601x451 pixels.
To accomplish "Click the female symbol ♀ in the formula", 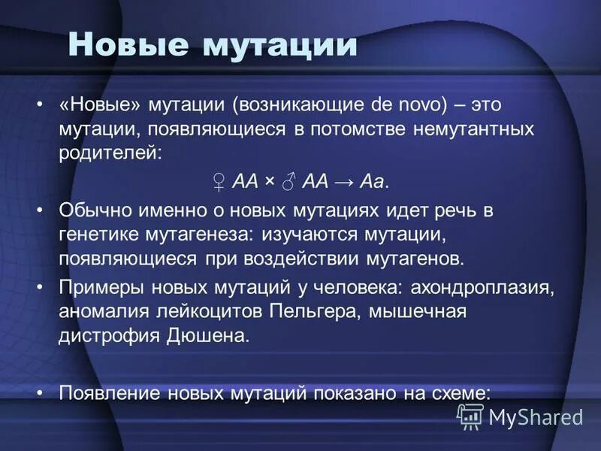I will (x=219, y=181).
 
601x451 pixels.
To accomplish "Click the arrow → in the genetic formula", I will (x=346, y=181).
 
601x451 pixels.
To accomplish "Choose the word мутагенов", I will (x=421, y=259).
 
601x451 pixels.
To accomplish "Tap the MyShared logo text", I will (x=535, y=416).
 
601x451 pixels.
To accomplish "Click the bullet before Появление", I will (x=41, y=392).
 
